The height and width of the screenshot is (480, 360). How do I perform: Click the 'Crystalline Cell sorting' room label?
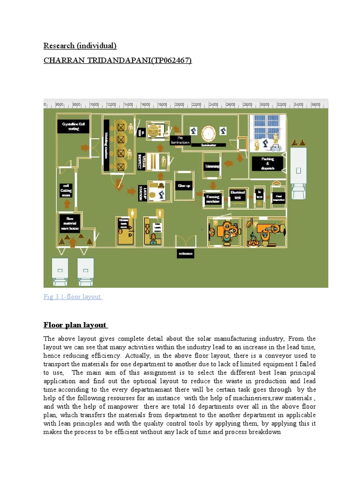[73, 126]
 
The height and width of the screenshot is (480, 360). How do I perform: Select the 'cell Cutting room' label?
[67, 190]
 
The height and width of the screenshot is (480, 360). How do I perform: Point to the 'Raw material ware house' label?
[70, 223]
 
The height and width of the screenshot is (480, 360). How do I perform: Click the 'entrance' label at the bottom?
[185, 254]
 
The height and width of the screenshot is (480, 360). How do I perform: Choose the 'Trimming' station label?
[212, 166]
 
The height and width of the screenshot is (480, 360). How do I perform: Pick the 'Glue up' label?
[184, 186]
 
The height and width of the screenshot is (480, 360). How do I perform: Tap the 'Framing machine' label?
[213, 199]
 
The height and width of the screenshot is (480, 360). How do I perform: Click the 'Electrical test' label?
[237, 194]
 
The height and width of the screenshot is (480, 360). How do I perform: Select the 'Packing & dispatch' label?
[268, 163]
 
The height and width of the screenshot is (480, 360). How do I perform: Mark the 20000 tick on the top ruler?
[180, 105]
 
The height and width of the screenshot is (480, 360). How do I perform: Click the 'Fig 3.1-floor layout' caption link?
[73, 297]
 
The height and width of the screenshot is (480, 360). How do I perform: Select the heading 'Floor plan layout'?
[75, 325]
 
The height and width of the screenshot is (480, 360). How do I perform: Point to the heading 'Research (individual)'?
[80, 45]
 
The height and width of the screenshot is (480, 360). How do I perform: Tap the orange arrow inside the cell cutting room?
[67, 204]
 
